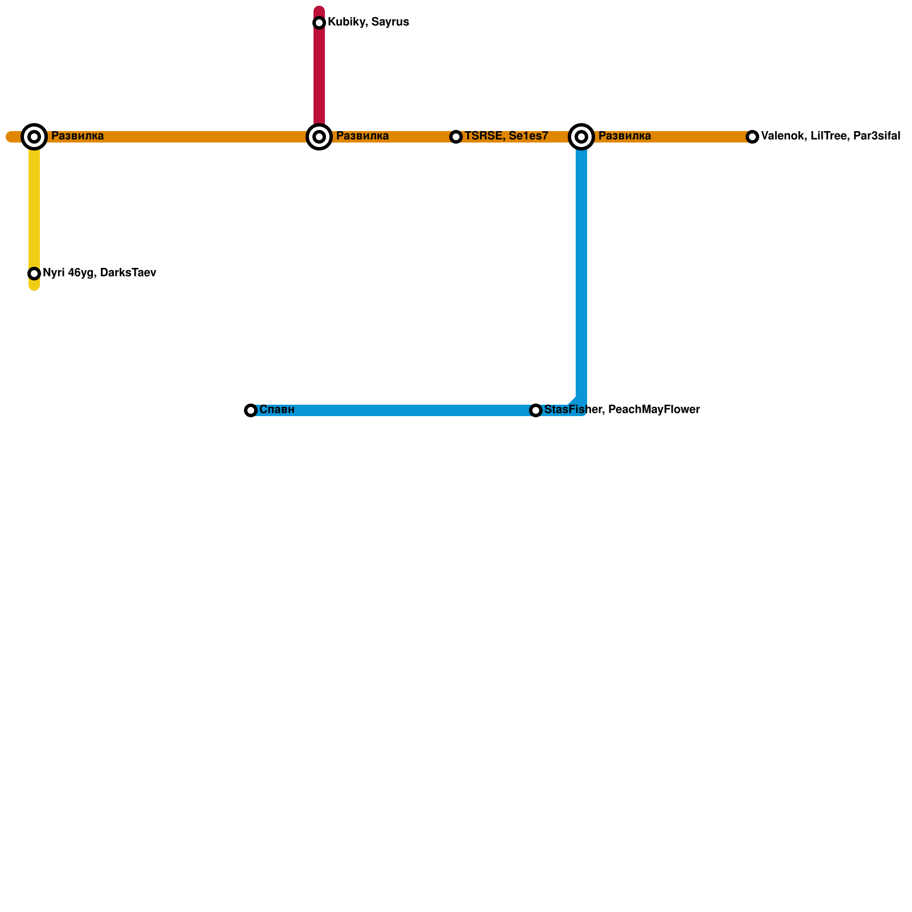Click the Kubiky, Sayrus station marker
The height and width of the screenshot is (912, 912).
point(319,23)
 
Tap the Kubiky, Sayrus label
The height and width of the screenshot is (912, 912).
point(368,22)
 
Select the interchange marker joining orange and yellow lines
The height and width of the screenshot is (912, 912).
point(34,137)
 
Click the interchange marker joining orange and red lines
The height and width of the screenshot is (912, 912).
point(319,137)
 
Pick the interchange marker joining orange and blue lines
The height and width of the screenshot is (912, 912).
point(581,137)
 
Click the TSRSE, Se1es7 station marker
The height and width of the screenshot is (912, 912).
point(456,137)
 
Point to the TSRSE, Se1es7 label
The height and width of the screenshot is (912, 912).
point(506,136)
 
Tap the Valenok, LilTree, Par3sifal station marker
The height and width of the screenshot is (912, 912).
point(752,137)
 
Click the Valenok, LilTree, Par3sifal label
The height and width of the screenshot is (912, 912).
point(830,136)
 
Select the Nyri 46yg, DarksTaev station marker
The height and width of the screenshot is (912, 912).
point(34,274)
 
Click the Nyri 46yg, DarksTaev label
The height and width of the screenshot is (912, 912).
point(99,273)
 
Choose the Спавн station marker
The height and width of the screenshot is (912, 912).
point(251,410)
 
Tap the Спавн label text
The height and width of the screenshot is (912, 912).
point(277,410)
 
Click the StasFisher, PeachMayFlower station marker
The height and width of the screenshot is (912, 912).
point(536,410)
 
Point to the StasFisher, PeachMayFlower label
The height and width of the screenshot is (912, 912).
point(622,410)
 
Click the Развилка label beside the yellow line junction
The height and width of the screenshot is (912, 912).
point(78,136)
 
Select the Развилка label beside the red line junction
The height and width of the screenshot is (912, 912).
point(363,136)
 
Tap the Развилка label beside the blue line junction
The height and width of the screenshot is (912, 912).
point(625,136)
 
